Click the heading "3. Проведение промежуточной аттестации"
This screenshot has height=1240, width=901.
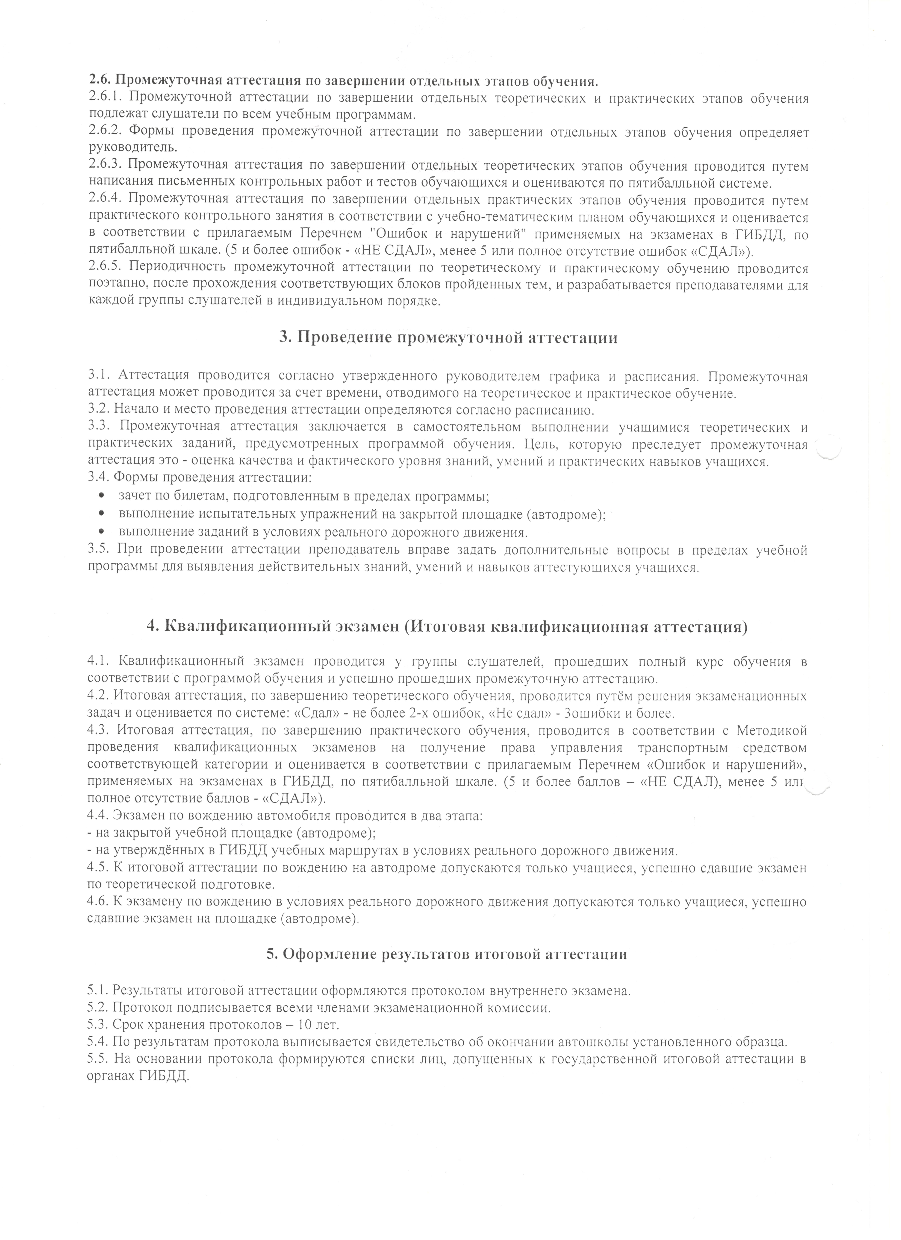tap(448, 337)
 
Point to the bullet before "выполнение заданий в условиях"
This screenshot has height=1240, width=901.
tap(101, 532)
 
